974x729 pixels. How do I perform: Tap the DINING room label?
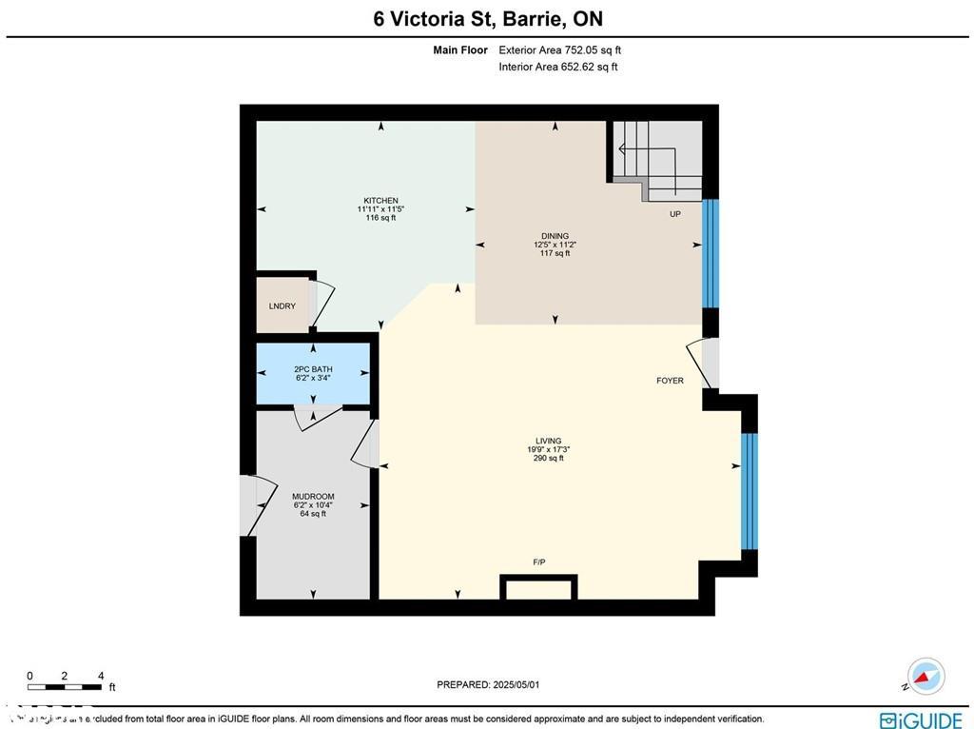click(x=555, y=236)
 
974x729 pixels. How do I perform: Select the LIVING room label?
click(x=549, y=441)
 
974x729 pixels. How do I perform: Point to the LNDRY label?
click(x=282, y=306)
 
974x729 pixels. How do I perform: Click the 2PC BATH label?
click(x=313, y=368)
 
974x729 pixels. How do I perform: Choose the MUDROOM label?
click(x=312, y=497)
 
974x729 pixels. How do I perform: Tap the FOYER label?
click(x=670, y=381)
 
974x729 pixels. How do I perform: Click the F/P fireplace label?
click(x=539, y=562)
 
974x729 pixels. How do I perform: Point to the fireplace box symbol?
click(x=538, y=587)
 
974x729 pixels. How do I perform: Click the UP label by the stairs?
click(x=675, y=214)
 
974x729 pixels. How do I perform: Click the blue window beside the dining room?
click(x=711, y=253)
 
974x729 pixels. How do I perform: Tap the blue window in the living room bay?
click(x=750, y=491)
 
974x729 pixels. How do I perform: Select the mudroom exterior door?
click(x=248, y=504)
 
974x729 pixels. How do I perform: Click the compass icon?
click(x=925, y=675)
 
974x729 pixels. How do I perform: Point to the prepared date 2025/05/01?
click(x=494, y=684)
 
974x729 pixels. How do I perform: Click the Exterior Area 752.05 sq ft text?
click(x=559, y=50)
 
